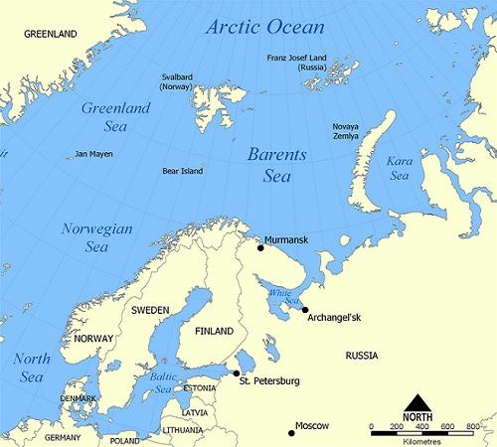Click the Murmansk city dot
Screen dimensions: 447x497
(x=261, y=247)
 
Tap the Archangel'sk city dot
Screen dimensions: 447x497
(x=305, y=310)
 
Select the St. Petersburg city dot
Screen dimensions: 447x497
(x=236, y=374)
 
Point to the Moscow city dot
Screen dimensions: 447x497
(x=291, y=432)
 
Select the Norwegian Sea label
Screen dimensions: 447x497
(x=97, y=237)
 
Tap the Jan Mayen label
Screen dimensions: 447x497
(x=94, y=155)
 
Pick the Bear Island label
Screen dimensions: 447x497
(x=182, y=171)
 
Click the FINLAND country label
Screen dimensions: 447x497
(x=214, y=331)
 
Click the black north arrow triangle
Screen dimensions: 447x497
(x=418, y=403)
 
